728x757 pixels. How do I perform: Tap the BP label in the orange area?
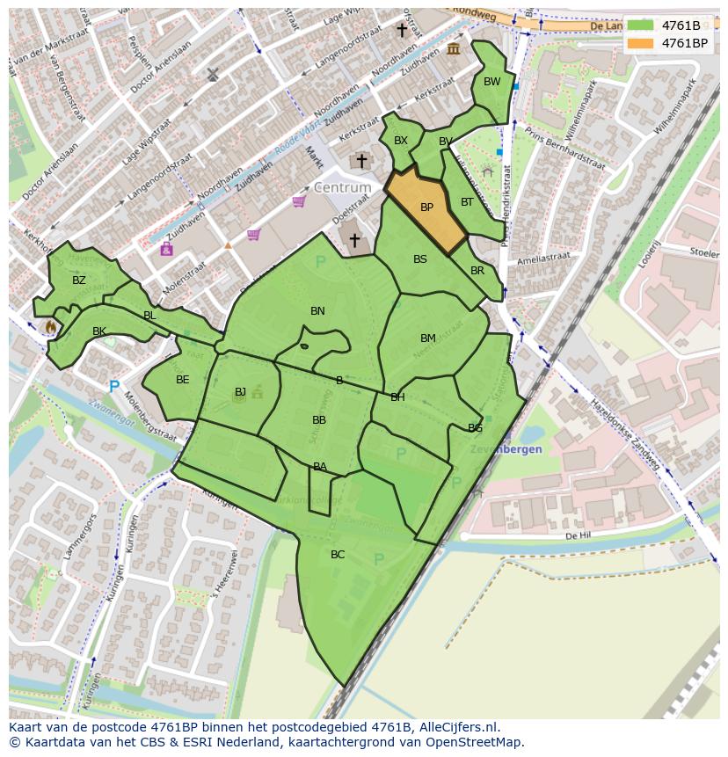426,208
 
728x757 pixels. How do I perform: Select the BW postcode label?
491,82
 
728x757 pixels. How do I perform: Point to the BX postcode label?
401,141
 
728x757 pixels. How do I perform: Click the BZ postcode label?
79,280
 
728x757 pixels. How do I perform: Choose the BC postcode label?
338,555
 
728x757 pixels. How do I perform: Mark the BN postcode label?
317,311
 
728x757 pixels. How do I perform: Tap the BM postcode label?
428,338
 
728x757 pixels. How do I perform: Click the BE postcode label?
183,380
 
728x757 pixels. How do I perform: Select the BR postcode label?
477,271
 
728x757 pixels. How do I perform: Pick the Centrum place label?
342,188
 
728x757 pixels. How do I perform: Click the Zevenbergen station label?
511,449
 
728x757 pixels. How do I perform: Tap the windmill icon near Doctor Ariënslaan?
212,75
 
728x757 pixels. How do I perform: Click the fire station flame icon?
50,326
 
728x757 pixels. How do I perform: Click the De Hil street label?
577,535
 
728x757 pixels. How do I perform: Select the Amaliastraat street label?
544,258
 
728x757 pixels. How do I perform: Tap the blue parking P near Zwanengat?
113,386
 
